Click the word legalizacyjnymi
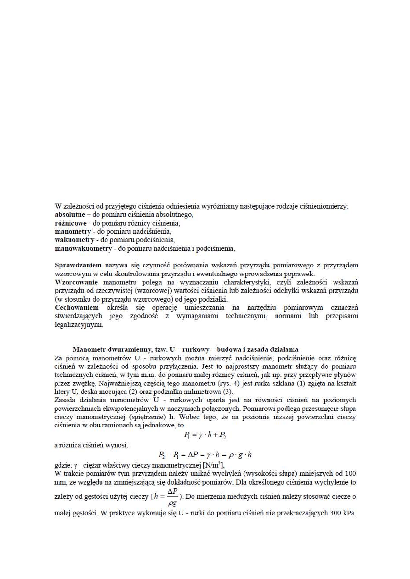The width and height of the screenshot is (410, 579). [x=79, y=325]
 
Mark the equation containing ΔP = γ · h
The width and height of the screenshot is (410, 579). [x=204, y=455]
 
